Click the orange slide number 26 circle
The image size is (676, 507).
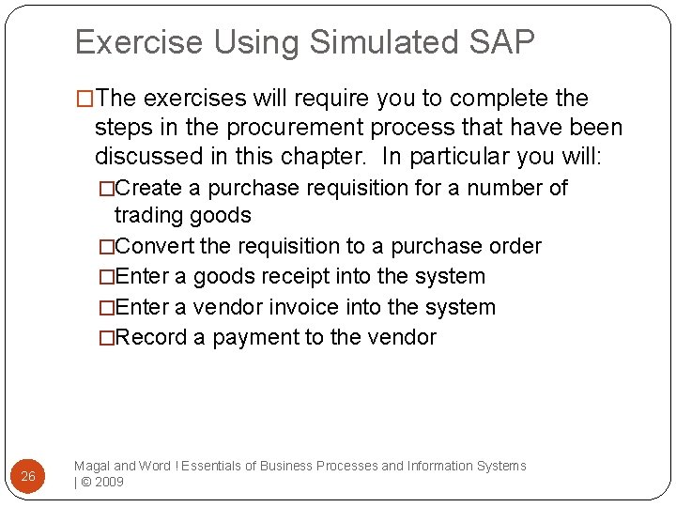click(x=28, y=476)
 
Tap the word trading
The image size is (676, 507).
click(x=150, y=215)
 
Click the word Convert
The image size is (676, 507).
click(x=155, y=246)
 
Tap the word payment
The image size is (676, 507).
click(x=256, y=337)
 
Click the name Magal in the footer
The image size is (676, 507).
click(x=91, y=466)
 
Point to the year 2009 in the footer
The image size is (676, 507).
click(x=109, y=482)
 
